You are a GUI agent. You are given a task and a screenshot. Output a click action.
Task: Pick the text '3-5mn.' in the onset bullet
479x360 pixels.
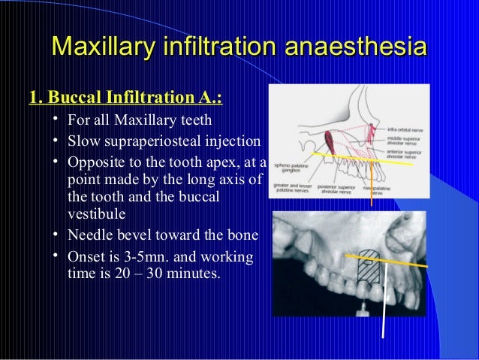tap(141, 257)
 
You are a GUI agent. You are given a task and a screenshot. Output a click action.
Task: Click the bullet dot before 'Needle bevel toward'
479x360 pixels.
tap(56, 236)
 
